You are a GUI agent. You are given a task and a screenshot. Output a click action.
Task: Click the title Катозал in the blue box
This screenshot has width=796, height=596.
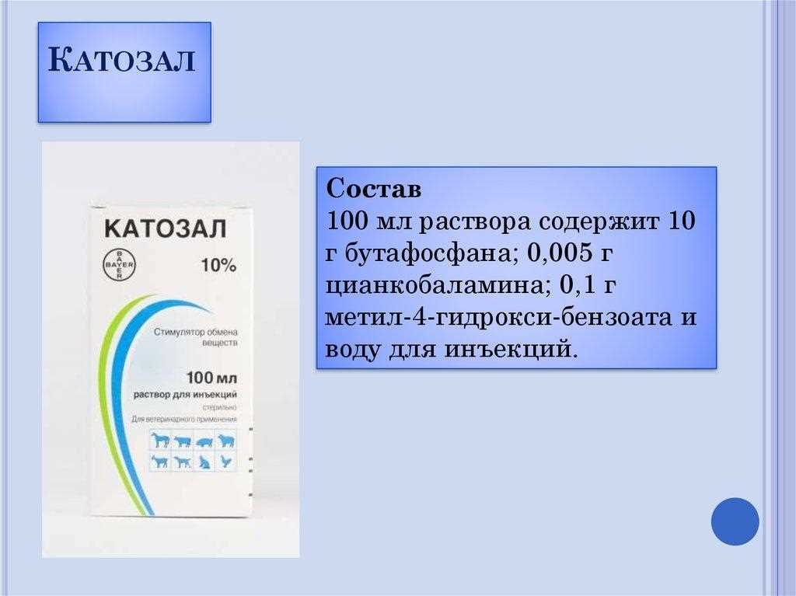124,62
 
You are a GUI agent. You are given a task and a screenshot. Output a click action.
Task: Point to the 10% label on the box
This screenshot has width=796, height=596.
218,265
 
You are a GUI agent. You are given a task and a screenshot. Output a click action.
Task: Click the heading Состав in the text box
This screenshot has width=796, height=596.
373,189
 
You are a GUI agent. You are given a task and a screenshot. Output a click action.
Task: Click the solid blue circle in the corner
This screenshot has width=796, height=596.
735,521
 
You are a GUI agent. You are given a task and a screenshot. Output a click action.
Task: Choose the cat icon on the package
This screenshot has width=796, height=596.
204,462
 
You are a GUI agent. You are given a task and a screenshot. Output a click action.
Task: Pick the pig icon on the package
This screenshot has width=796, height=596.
204,441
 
